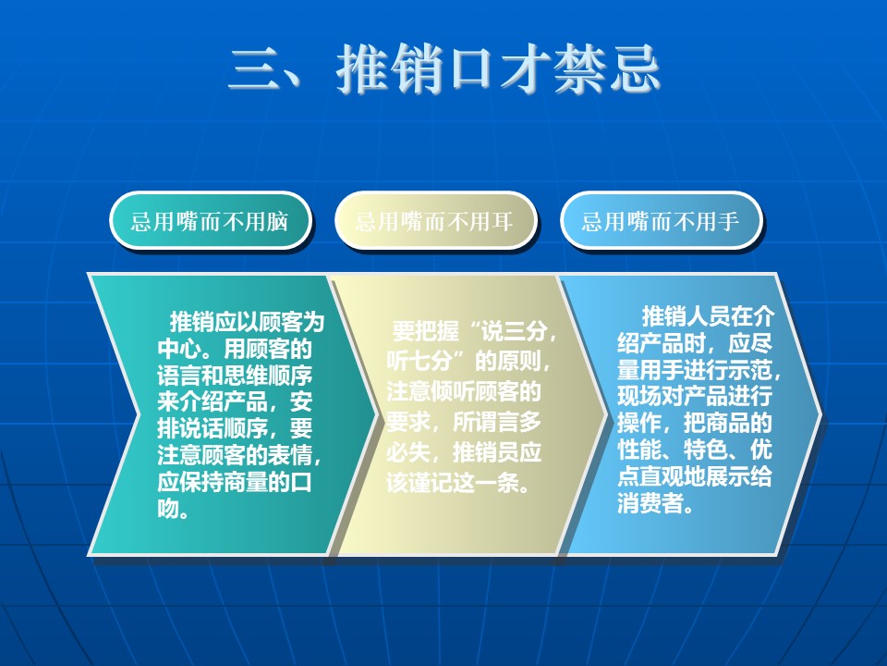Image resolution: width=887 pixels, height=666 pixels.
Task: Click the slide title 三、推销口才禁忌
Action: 444,69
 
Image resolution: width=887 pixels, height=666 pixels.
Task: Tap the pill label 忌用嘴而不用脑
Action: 210,221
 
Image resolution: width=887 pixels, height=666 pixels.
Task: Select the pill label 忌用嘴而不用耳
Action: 435,221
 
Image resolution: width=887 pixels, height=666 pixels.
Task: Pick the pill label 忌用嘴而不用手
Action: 661,221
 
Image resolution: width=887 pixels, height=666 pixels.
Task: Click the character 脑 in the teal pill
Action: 278,221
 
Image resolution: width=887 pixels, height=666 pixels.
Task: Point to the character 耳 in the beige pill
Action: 503,221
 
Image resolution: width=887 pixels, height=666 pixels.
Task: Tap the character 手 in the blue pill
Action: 728,221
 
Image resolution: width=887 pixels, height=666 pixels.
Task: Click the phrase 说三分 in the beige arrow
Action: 513,331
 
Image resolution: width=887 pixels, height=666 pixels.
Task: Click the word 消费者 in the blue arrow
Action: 650,503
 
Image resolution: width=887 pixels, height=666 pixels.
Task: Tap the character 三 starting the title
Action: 255,69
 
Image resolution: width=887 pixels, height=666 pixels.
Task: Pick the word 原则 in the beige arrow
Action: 518,361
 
